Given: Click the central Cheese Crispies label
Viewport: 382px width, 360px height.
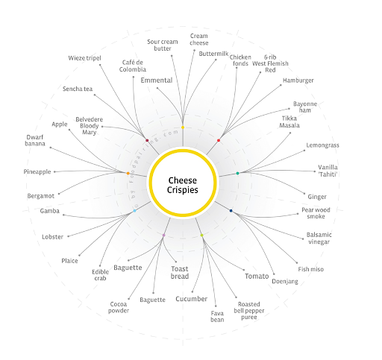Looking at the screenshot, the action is (183, 185).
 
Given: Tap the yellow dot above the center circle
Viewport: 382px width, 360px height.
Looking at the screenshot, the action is (183, 127).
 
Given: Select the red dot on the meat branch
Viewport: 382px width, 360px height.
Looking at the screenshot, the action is (219, 140).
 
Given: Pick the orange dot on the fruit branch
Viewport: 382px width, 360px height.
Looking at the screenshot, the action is (128, 173).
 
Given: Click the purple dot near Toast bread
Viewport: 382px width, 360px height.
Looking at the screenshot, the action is (163, 235).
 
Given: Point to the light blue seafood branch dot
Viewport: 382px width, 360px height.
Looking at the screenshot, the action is (134, 211).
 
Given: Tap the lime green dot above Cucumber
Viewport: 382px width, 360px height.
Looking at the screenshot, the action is (201, 235).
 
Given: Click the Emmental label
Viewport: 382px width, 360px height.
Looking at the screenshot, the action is (157, 80).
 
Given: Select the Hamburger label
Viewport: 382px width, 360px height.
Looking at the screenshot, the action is (298, 80).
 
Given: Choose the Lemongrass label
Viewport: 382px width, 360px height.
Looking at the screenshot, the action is (322, 145).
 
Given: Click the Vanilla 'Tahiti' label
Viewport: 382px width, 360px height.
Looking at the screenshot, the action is (328, 171).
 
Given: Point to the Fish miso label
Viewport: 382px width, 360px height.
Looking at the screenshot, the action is (311, 269).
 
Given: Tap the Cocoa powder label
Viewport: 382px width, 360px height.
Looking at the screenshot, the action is (119, 307).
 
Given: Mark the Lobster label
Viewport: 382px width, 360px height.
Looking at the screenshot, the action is (52, 237).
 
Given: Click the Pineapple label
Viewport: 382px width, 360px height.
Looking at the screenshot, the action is (37, 171).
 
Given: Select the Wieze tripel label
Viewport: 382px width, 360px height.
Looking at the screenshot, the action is (84, 58).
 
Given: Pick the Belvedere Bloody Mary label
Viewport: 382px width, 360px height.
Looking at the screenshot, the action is (89, 126).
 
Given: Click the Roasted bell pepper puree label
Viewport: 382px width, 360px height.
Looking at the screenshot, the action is (249, 311).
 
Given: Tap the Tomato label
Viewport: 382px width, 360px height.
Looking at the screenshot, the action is (257, 277).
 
